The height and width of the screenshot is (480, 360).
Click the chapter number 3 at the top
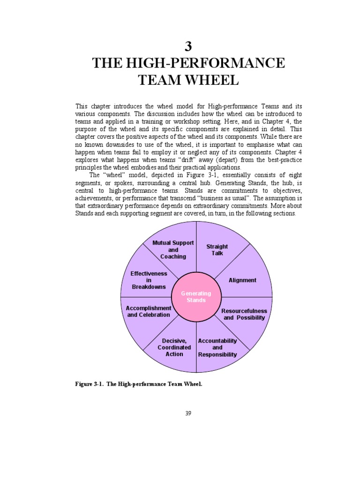click(x=188, y=46)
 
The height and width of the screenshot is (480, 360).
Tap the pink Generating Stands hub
click(x=196, y=296)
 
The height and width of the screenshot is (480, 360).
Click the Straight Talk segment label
click(x=217, y=250)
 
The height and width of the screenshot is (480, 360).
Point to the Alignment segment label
click(x=242, y=280)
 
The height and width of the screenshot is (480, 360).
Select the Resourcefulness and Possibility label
click(x=244, y=314)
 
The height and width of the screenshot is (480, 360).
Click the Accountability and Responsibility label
click(x=217, y=347)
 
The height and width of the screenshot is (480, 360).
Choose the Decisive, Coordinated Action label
click(x=174, y=347)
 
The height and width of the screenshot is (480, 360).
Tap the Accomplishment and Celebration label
click(x=149, y=311)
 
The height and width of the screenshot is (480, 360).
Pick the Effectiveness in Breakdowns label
click(x=149, y=280)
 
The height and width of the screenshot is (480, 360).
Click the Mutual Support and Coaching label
click(x=173, y=250)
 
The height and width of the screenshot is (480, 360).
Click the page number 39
click(x=187, y=413)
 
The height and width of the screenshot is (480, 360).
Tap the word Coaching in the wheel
click(x=173, y=256)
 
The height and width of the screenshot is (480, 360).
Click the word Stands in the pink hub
click(x=196, y=300)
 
